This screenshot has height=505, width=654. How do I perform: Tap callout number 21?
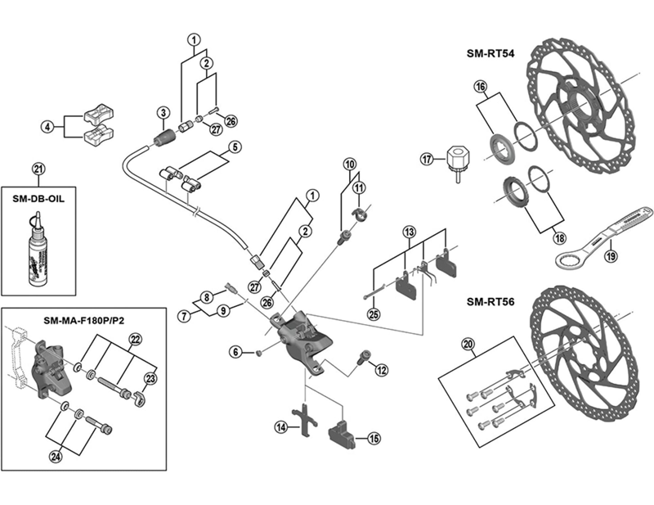point(38,170)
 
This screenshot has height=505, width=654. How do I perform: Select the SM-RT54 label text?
point(492,55)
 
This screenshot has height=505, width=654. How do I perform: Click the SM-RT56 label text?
point(492,300)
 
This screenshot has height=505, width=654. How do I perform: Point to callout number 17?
point(426,159)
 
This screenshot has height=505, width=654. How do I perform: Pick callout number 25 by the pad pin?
point(374,313)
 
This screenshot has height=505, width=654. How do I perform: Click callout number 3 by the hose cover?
point(163,112)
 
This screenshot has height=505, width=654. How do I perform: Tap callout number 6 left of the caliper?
point(235,352)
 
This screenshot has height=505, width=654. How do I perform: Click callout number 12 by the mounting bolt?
point(381,371)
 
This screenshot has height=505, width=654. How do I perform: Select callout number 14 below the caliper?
point(280,426)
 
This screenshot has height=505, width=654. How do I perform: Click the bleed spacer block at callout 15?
point(340,431)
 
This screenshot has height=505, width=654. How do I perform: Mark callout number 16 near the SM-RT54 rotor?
point(480,86)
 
